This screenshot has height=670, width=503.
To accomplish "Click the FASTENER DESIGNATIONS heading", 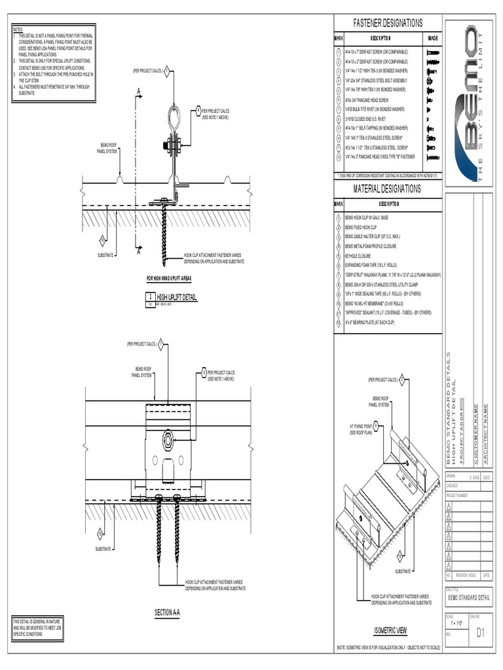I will (x=388, y=23).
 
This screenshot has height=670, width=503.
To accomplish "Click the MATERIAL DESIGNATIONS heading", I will (x=388, y=189).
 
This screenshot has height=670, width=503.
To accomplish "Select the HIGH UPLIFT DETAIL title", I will (x=176, y=297).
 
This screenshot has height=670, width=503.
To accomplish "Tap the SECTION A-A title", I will (x=167, y=612).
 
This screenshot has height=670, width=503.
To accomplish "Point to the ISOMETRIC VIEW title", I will (x=390, y=631).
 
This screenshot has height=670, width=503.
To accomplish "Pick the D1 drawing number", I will (x=481, y=633).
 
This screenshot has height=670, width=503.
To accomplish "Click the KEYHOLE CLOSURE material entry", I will (x=358, y=256).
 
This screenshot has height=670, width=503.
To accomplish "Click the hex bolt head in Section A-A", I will (x=168, y=441).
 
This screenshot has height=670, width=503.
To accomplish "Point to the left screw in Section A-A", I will (x=159, y=530).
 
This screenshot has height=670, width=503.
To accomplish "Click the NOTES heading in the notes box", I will (x=18, y=30).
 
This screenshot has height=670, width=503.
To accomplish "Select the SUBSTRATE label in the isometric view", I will (x=403, y=571).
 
